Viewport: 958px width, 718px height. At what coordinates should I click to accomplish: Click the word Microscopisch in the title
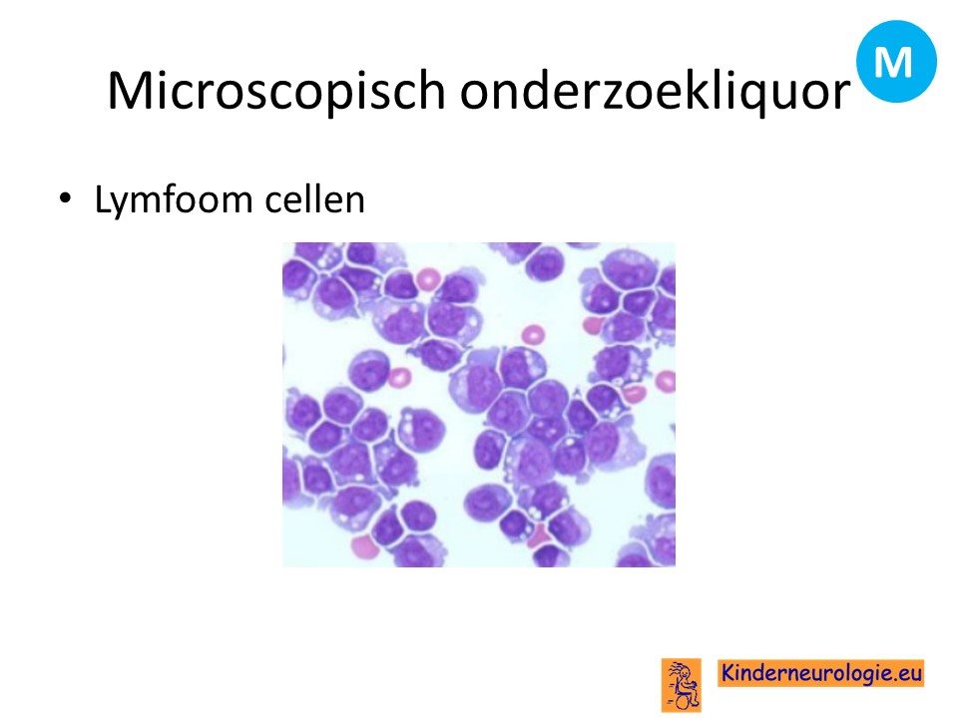coord(276,90)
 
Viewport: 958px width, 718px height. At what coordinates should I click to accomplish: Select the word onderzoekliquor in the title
coord(655,90)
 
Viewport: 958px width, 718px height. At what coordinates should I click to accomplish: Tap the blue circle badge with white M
coord(896,61)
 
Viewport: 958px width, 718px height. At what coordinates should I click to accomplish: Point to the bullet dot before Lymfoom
coord(65,199)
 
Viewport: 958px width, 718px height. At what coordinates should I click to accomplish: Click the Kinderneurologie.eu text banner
coord(820,673)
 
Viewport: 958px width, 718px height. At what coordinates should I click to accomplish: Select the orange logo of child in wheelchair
coord(681,684)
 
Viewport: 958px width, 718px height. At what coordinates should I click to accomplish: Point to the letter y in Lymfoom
coord(124,205)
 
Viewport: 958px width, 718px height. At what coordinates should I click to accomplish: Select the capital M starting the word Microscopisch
coord(129,90)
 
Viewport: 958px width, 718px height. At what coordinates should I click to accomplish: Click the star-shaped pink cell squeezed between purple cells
coord(539,537)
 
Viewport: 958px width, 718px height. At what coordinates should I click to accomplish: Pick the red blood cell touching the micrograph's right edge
coord(666,382)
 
